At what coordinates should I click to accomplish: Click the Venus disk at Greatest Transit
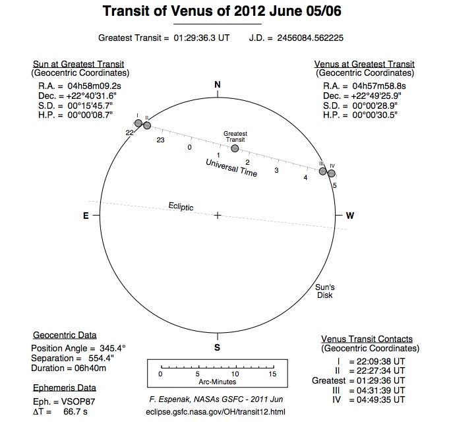(235, 148)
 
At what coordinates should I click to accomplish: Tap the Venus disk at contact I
(138, 123)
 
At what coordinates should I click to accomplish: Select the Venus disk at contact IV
(332, 174)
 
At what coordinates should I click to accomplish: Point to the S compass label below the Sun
(218, 347)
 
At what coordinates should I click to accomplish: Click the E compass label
(85, 216)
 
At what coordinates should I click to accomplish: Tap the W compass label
(350, 216)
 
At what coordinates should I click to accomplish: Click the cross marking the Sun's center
(218, 216)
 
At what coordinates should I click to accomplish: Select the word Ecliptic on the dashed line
(181, 207)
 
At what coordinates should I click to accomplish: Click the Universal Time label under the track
(231, 169)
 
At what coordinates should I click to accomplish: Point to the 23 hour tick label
(160, 140)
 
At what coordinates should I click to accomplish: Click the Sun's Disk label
(324, 291)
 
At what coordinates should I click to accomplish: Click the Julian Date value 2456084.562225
(316, 38)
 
